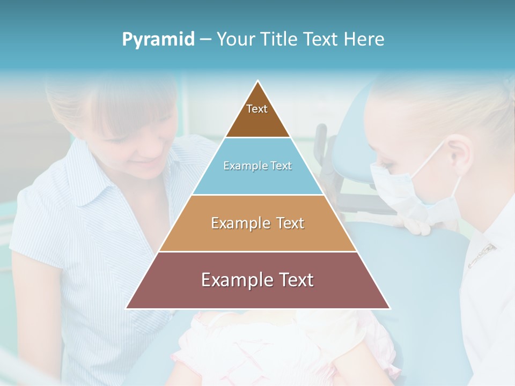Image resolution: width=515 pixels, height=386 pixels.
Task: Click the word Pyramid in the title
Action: click(158, 40)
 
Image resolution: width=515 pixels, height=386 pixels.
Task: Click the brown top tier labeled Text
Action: click(257, 115)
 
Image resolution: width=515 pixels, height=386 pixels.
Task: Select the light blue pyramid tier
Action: click(257, 177)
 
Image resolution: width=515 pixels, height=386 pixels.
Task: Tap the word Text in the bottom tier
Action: click(294, 280)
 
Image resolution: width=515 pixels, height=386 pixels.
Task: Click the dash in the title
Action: click(205, 40)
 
